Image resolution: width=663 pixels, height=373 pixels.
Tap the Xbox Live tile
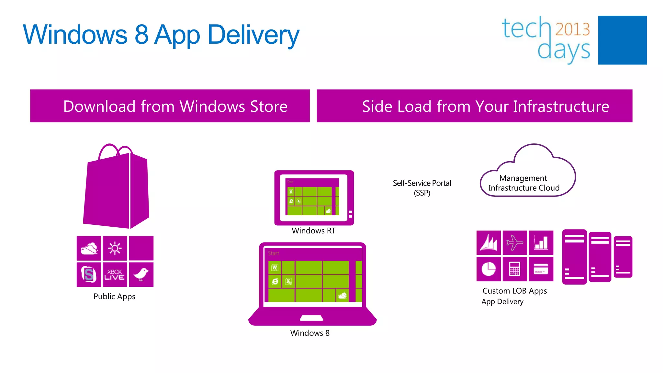115,275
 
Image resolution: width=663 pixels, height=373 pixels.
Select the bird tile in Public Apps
141,275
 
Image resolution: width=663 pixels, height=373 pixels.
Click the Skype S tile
89,275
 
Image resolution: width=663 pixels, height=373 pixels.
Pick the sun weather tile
115,248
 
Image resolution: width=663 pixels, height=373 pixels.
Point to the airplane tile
515,243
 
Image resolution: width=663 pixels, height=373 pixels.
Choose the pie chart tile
489,269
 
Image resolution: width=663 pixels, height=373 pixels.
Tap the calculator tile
515,269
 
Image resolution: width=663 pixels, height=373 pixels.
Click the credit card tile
541,269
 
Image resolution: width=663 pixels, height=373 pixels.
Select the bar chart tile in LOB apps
541,243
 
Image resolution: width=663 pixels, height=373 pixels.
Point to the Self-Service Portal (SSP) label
422,188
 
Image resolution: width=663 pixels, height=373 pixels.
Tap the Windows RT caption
313,231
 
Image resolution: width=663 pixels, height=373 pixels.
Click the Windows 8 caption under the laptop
310,333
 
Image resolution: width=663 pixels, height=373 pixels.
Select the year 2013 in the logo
573,29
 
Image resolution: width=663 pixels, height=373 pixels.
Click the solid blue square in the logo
622,40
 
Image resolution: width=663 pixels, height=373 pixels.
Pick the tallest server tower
574,257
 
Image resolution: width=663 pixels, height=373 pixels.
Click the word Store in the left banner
269,106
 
